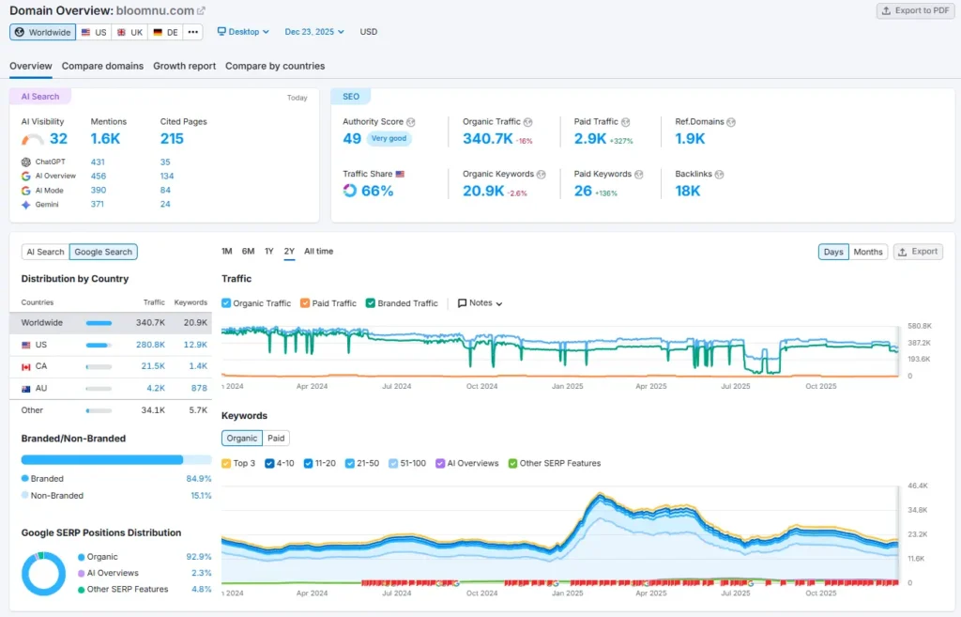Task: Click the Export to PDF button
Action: pos(915,10)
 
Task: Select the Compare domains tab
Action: pos(102,66)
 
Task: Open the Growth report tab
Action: pos(184,66)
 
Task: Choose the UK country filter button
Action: pos(130,32)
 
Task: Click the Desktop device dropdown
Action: pos(243,32)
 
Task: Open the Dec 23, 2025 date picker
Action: pos(314,32)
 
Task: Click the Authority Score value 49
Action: pos(352,139)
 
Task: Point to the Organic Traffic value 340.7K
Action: pos(487,139)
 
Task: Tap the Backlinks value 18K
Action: pos(687,191)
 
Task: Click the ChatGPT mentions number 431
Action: pos(98,162)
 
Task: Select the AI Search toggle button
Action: pos(45,252)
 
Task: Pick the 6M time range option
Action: pos(248,252)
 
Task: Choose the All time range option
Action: pos(318,252)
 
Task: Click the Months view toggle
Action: pos(868,252)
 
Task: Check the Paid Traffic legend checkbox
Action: pos(305,303)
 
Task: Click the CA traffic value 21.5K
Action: pos(153,365)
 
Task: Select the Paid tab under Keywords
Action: pos(276,438)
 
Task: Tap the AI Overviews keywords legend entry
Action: pos(466,463)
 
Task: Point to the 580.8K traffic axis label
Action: pos(919,326)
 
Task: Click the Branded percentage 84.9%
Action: pos(198,479)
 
